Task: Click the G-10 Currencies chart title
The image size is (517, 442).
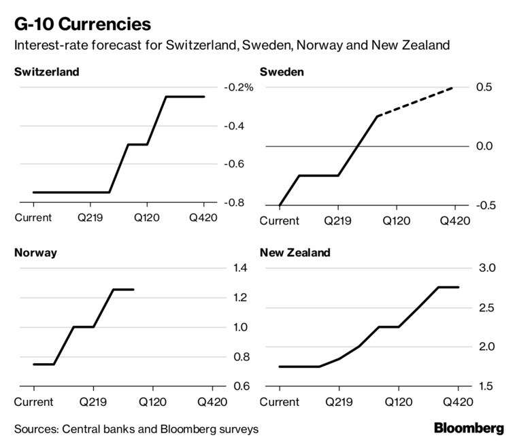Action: pyautogui.click(x=82, y=25)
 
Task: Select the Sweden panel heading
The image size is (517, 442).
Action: pyautogui.click(x=282, y=71)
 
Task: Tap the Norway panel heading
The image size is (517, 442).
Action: pyautogui.click(x=35, y=253)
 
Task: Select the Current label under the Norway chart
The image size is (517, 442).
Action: pyautogui.click(x=33, y=402)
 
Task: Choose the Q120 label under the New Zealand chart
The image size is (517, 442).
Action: pyautogui.click(x=398, y=402)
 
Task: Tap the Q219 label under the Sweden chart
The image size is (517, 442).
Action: pyautogui.click(x=338, y=221)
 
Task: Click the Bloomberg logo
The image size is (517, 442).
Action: pyautogui.click(x=469, y=428)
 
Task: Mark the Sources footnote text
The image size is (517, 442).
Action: pyautogui.click(x=136, y=429)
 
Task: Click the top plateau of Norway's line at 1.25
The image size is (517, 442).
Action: pyautogui.click(x=123, y=290)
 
